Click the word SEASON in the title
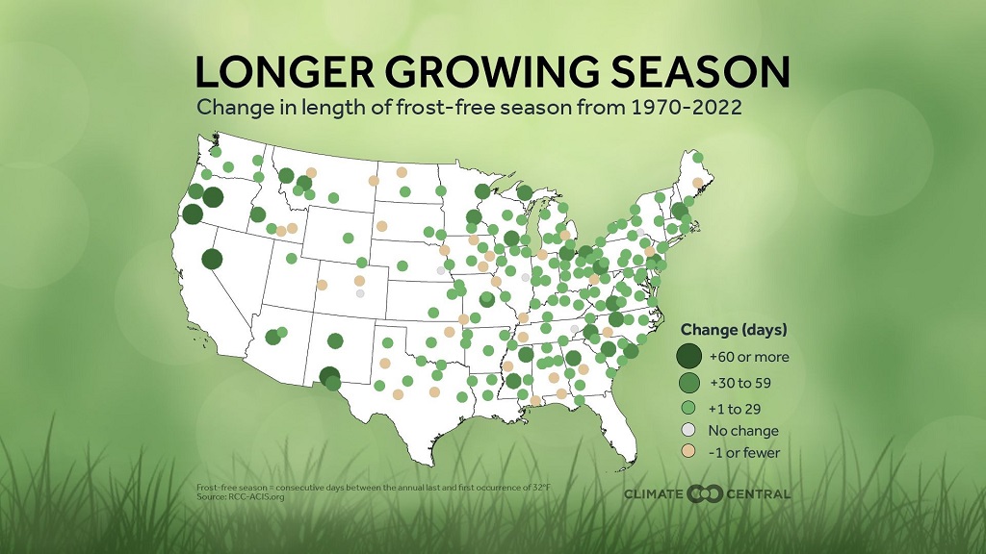coord(691,73)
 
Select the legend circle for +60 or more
coord(688,357)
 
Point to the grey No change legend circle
coord(688,431)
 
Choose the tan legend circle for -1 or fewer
coord(688,452)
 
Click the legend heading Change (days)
coord(734,329)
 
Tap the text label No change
coord(744,431)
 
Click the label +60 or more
coord(749,357)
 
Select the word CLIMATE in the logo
coord(653,493)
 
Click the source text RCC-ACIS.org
coord(243,497)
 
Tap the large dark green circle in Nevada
coord(211,258)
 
